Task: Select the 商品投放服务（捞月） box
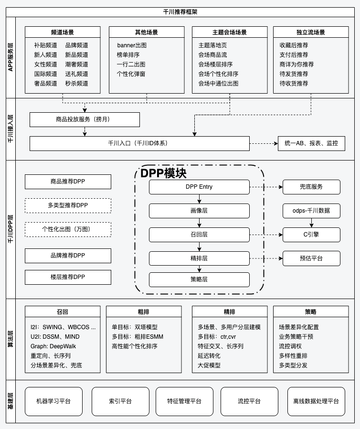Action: [85, 119]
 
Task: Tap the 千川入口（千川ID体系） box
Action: [139, 143]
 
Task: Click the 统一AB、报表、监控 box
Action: [311, 143]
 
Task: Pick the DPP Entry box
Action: [199, 187]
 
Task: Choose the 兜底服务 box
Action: [311, 187]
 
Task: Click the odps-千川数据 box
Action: [311, 211]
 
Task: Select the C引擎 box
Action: [311, 235]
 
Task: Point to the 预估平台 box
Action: [311, 258]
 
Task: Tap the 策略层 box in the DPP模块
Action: [199, 279]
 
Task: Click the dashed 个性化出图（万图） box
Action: [68, 229]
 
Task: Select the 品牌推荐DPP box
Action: [68, 256]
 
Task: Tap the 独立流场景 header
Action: [311, 32]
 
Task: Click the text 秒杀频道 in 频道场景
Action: [77, 84]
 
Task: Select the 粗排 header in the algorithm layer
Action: [144, 312]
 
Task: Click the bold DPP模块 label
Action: [163, 173]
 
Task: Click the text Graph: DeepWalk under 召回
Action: [53, 346]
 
